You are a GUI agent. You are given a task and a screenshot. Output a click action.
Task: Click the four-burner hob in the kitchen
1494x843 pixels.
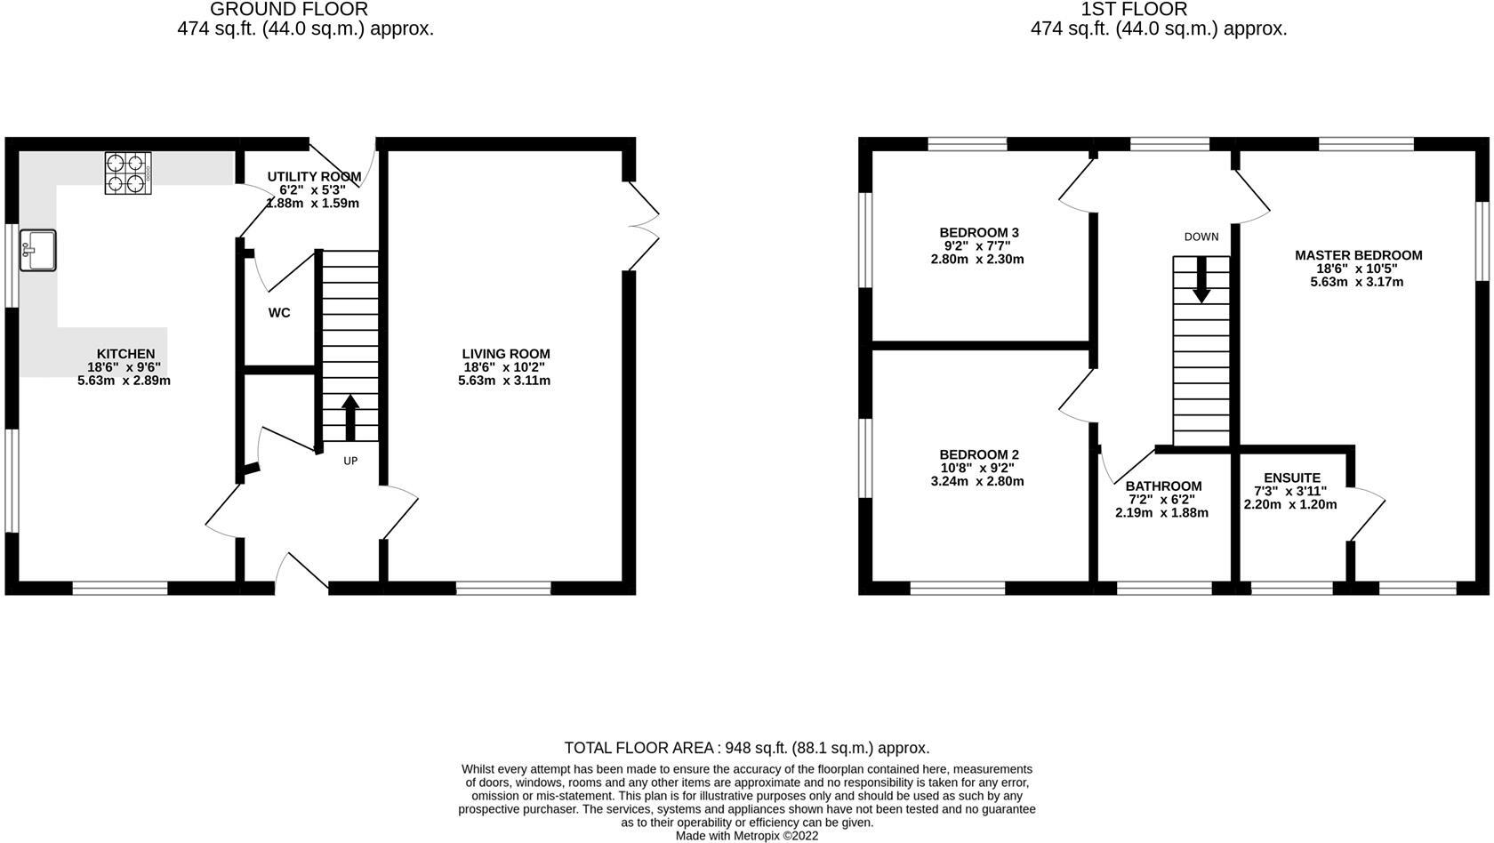[128, 173]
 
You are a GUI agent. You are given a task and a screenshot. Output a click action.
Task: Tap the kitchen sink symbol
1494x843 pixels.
[37, 249]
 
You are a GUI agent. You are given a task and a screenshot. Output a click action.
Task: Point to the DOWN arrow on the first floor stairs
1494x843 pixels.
[1201, 279]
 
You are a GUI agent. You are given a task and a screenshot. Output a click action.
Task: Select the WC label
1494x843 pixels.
[279, 313]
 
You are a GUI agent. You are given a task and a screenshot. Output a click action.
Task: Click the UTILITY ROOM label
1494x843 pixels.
[314, 176]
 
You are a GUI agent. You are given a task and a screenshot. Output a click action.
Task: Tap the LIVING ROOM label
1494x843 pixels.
[505, 354]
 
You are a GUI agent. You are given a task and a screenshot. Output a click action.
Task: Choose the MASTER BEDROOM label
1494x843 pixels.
[1358, 255]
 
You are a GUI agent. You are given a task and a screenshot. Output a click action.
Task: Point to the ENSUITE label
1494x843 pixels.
[1291, 478]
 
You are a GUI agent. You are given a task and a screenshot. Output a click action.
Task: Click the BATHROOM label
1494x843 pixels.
[1163, 486]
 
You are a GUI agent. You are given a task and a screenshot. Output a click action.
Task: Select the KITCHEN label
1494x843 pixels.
[125, 354]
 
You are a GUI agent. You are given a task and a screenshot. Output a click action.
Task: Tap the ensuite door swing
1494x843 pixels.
[1368, 514]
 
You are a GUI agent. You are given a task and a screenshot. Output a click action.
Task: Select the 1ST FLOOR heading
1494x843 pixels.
[1133, 10]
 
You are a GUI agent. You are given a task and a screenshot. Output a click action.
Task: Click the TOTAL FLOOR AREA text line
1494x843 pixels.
[746, 748]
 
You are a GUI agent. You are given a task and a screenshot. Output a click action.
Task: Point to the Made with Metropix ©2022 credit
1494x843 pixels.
[746, 836]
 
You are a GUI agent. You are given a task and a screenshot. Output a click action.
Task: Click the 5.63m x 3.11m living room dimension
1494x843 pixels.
[504, 381]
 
